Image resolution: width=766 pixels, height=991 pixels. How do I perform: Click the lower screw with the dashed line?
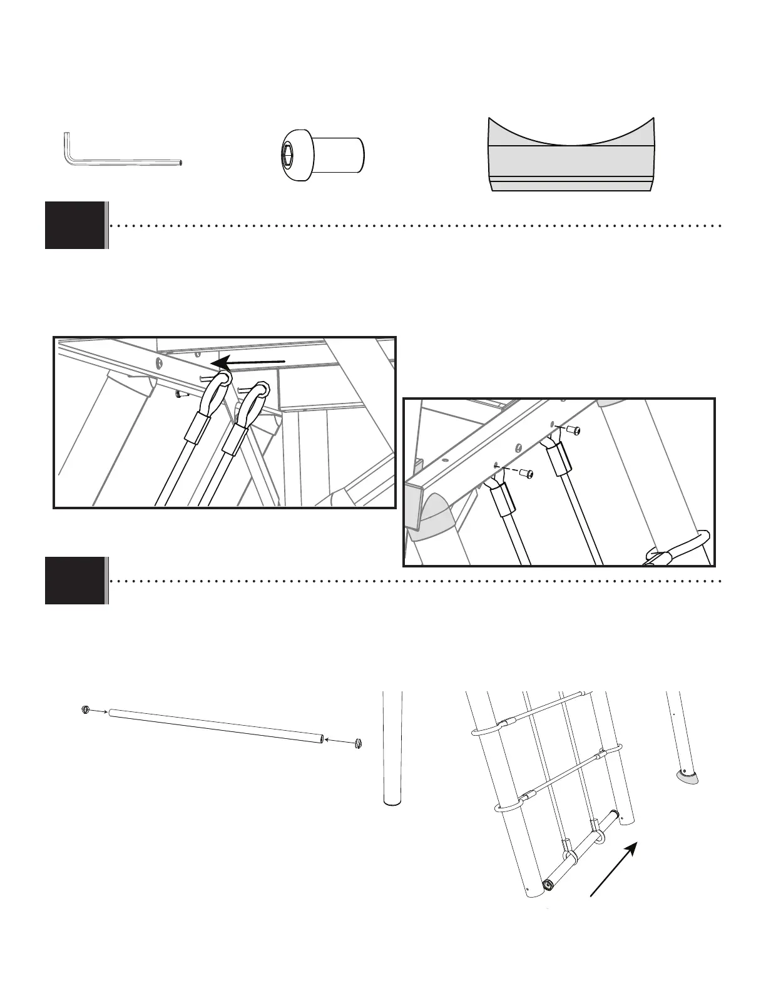pyautogui.click(x=529, y=474)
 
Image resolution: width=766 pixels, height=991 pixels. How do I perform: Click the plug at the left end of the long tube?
pyautogui.click(x=86, y=709)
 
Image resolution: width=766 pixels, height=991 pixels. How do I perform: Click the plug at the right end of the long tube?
pyautogui.click(x=359, y=743)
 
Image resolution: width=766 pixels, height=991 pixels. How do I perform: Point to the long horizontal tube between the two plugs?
pyautogui.click(x=216, y=726)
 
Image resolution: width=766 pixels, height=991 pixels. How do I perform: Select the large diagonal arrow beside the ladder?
pyautogui.click(x=614, y=870)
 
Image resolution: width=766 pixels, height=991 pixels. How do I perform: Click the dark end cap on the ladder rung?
pyautogui.click(x=549, y=885)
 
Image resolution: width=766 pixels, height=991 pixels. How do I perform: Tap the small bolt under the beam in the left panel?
pyautogui.click(x=180, y=395)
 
